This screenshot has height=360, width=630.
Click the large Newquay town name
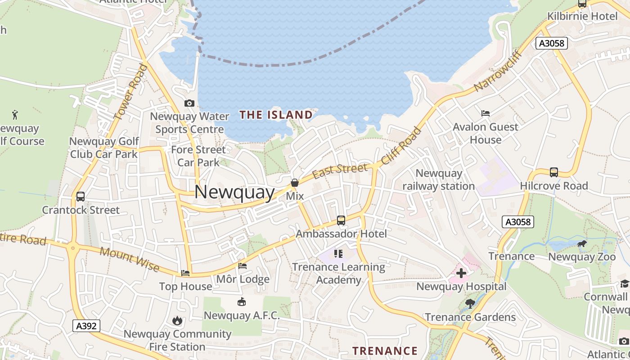234,192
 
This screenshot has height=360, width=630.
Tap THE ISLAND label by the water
276,115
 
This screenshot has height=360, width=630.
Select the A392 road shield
86,326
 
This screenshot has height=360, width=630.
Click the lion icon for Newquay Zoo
582,244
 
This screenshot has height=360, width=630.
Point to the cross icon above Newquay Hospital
461,273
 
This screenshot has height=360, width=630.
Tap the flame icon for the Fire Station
177,320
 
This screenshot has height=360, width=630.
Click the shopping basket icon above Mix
295,183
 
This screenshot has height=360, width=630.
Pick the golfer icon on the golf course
15,114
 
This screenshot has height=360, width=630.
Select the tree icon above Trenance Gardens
470,304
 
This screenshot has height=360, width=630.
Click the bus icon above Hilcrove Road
554,172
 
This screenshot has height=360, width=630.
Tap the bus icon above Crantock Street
81,197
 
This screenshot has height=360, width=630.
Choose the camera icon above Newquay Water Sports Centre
189,103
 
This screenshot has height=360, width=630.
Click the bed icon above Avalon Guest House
486,113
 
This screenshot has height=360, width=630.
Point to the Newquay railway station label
439,180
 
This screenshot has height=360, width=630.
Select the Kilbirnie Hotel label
582,17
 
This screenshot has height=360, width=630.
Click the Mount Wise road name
130,259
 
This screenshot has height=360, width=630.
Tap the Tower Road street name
131,92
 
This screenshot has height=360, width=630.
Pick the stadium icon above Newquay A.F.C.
242,301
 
